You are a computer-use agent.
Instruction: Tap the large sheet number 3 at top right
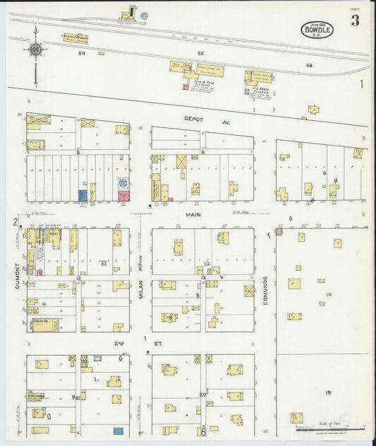(355, 20)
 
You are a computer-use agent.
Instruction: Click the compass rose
(35, 49)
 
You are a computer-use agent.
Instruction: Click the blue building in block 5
(83, 194)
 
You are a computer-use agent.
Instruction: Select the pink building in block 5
(123, 195)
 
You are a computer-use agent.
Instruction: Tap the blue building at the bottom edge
(119, 430)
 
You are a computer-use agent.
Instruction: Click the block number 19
(328, 392)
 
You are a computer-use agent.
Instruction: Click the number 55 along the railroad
(200, 54)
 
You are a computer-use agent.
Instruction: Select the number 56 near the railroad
(308, 65)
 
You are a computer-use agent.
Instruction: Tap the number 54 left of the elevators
(82, 53)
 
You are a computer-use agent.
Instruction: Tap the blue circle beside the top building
(145, 15)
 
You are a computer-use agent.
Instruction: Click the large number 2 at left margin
(13, 223)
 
